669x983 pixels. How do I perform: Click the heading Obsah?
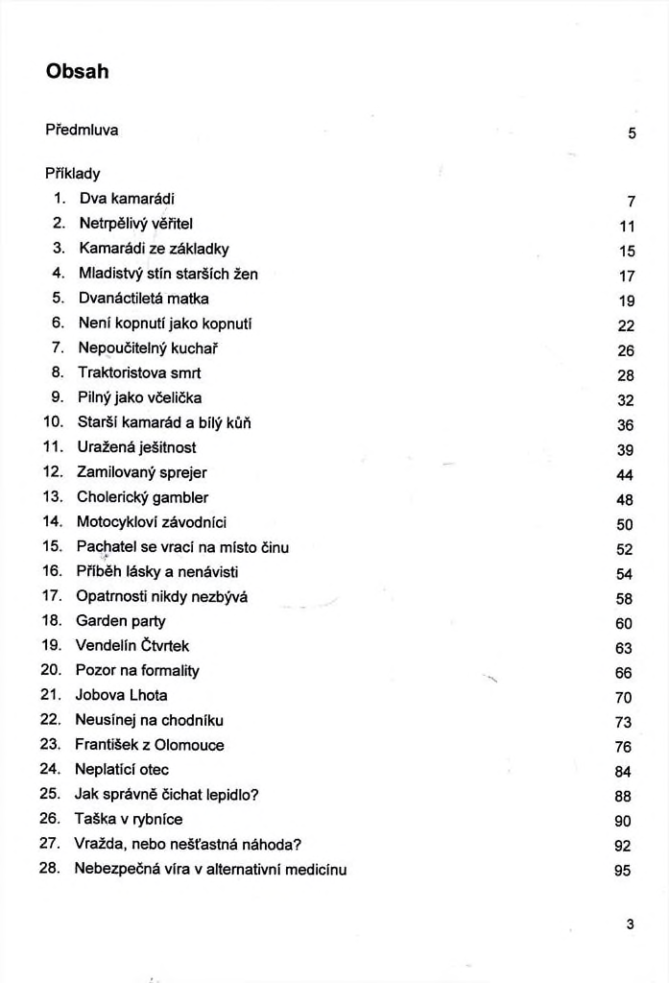pos(77,72)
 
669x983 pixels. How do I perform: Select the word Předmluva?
pos(82,130)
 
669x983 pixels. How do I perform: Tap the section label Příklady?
pos(73,174)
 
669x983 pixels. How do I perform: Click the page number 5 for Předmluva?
pos(632,133)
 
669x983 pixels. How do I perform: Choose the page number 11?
pos(627,227)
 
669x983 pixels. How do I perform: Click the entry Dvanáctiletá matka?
pos(143,298)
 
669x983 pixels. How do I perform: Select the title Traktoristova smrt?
pos(138,372)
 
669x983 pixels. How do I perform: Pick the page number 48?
pos(625,499)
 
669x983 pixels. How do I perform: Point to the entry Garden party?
pos(120,621)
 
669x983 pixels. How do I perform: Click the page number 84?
pos(623,772)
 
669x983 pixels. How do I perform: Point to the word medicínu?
pos(313,870)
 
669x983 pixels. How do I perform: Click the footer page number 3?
pos(630,924)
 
